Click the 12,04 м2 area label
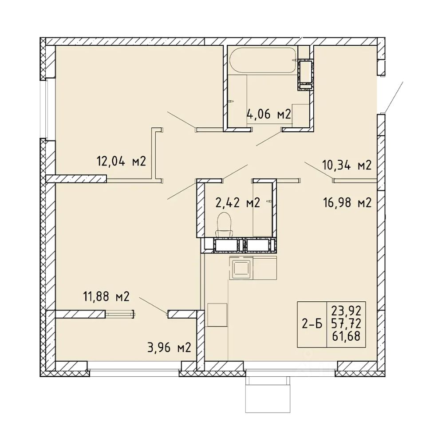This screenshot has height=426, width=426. click(x=122, y=162)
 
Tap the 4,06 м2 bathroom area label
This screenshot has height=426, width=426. click(x=269, y=114)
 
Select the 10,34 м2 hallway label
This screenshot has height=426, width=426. click(x=347, y=165)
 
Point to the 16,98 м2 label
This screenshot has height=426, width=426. click(x=347, y=202)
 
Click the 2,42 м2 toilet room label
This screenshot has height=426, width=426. click(x=238, y=202)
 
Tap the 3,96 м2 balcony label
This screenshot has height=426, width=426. click(x=169, y=347)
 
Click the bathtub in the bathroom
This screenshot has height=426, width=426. click(x=262, y=60)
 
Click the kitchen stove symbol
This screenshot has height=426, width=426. click(x=241, y=268)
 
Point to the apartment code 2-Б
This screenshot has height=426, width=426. click(x=312, y=324)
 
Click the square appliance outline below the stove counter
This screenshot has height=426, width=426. click(x=217, y=315)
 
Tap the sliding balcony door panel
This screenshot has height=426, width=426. click(x=120, y=315)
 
